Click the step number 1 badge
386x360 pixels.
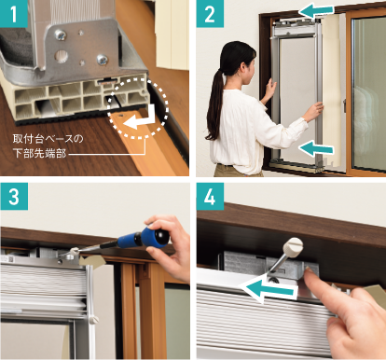click(14, 14)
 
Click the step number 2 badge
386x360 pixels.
click(210, 14)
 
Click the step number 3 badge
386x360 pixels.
click(14, 196)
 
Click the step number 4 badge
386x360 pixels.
click(210, 196)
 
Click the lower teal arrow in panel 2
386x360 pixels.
click(316, 147)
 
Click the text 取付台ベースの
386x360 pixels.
click(48, 139)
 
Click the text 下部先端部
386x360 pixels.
click(39, 153)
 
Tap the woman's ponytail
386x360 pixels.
click(214, 103)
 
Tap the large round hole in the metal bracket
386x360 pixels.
click(61, 56)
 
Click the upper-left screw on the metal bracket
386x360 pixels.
click(61, 35)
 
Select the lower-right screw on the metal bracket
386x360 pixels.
click(102, 60)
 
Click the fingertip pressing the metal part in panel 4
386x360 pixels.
click(309, 273)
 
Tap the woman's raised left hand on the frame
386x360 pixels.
click(269, 89)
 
